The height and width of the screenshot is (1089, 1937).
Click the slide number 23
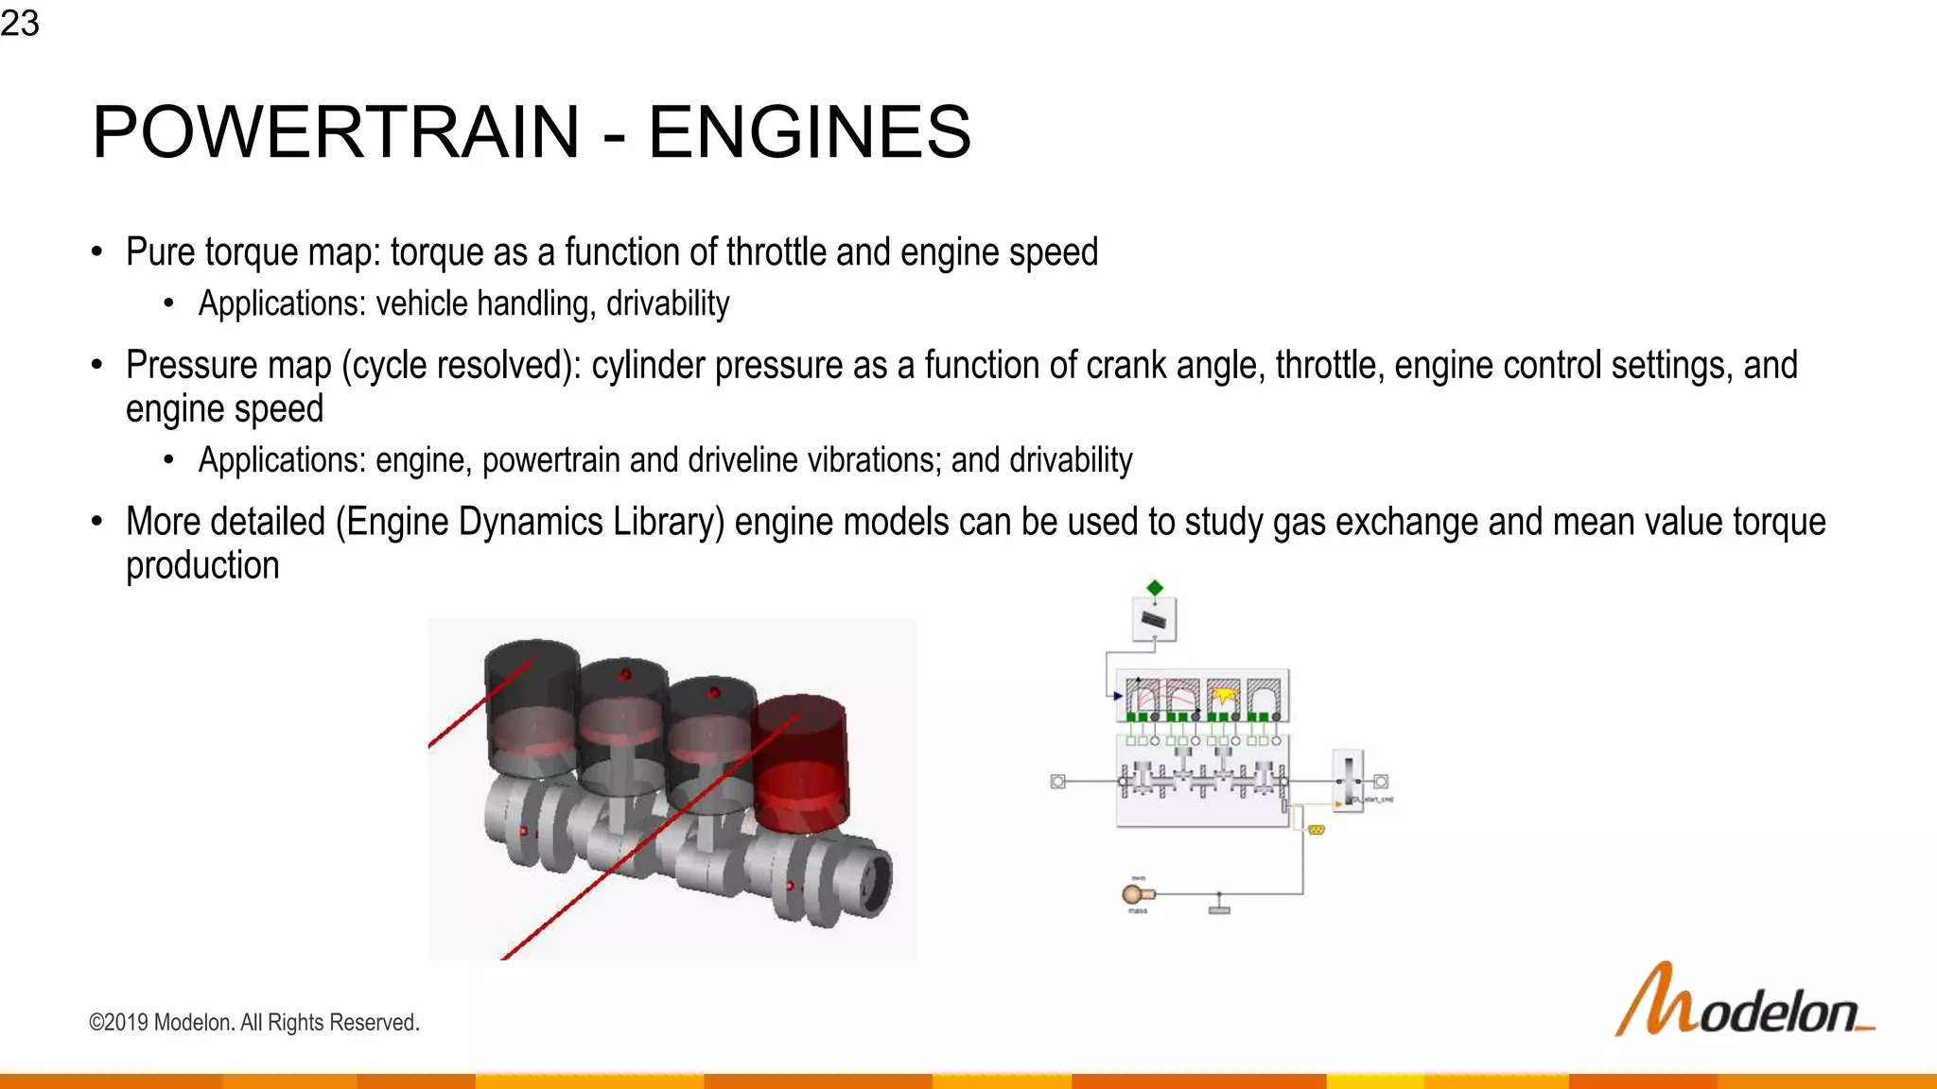coord(20,23)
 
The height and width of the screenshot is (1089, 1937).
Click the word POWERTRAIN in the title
coord(336,131)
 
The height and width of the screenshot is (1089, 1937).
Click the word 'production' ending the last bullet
coord(202,565)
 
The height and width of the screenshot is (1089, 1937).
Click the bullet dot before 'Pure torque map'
coord(96,251)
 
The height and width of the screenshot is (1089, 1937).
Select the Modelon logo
coord(1743,1002)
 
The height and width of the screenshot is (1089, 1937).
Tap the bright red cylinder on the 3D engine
coord(800,761)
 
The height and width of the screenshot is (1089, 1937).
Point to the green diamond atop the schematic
coord(1154,588)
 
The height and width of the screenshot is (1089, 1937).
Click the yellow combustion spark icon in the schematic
coord(1224,696)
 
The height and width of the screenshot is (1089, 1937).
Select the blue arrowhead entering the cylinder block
coord(1117,696)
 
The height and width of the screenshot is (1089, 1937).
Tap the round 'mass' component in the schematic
coord(1133,894)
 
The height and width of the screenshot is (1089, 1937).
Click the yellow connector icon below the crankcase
coord(1316,829)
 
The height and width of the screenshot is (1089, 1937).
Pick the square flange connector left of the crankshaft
coord(1058,781)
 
